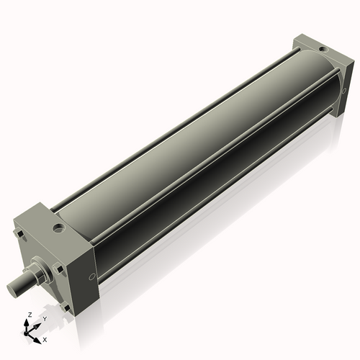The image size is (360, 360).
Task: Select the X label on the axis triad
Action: click(x=45, y=338)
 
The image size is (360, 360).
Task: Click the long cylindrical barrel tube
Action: click(x=194, y=158)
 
